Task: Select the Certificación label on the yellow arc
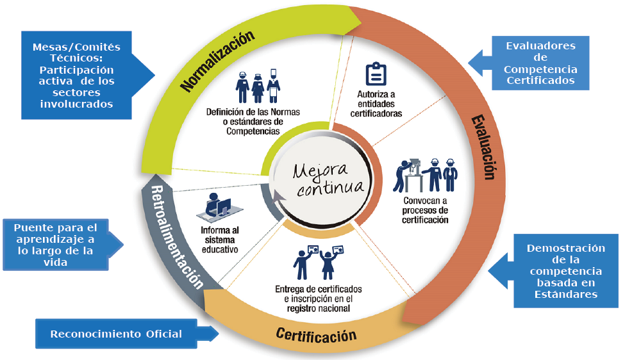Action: click(316, 334)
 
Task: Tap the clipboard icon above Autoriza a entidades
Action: click(375, 75)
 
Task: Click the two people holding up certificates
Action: click(319, 261)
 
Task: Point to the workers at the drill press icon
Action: click(426, 173)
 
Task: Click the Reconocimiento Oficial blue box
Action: click(117, 334)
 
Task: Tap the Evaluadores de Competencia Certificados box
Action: click(540, 63)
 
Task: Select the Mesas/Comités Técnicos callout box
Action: click(76, 76)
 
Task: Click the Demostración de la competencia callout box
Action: click(557, 271)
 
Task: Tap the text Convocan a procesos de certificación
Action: click(426, 209)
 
